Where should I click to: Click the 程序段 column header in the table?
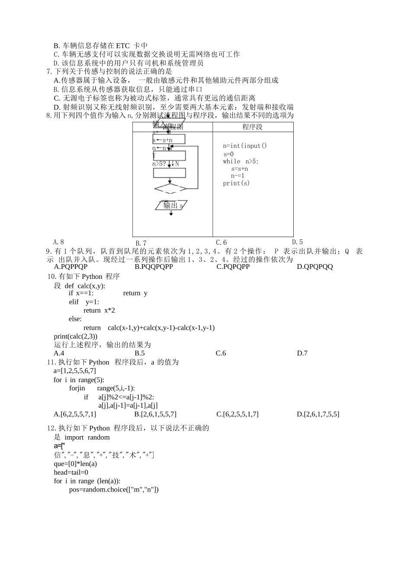coord(252,127)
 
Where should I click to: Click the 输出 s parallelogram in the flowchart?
coord(171,205)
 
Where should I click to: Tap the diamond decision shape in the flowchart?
coord(170,188)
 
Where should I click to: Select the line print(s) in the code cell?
coord(236,183)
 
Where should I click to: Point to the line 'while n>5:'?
coord(241,161)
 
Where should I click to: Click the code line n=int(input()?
coord(245,146)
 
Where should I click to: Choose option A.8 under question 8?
coord(58,242)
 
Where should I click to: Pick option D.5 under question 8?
coord(297,242)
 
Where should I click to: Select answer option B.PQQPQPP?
coord(154,267)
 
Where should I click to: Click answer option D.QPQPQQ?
coord(315,267)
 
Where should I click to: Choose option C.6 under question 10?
coord(221,353)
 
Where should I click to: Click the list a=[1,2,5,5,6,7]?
coord(75,371)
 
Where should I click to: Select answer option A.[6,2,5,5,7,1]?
coord(75,414)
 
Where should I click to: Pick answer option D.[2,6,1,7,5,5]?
coord(318,414)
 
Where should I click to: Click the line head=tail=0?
coord(71,472)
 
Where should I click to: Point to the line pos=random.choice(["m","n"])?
coord(114,490)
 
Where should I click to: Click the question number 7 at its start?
coord(49,71)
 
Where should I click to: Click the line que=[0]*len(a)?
coord(75,464)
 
